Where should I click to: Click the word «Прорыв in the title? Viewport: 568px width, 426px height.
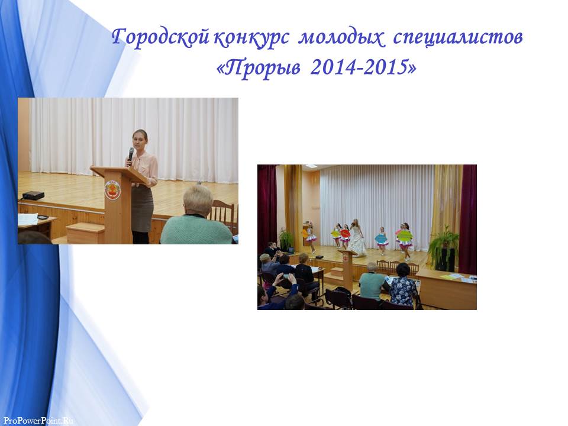coord(259,67)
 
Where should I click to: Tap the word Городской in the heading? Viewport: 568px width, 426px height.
coord(160,37)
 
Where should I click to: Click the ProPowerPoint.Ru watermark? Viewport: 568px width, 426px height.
coord(38,420)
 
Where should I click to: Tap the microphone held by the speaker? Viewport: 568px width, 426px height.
coord(130,155)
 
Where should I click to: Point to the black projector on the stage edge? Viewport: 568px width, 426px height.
coord(33,196)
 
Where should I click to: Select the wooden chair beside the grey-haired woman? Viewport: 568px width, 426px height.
coord(224,216)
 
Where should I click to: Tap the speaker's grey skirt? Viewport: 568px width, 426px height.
coord(142,208)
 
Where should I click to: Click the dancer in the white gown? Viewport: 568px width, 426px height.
coord(357,238)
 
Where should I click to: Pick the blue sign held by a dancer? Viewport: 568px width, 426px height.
coord(381,238)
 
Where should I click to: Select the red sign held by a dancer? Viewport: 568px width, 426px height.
coord(345,234)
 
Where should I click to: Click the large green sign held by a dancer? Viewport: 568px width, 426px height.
coord(405,235)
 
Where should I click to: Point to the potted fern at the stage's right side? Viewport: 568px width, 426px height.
coord(443,246)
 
